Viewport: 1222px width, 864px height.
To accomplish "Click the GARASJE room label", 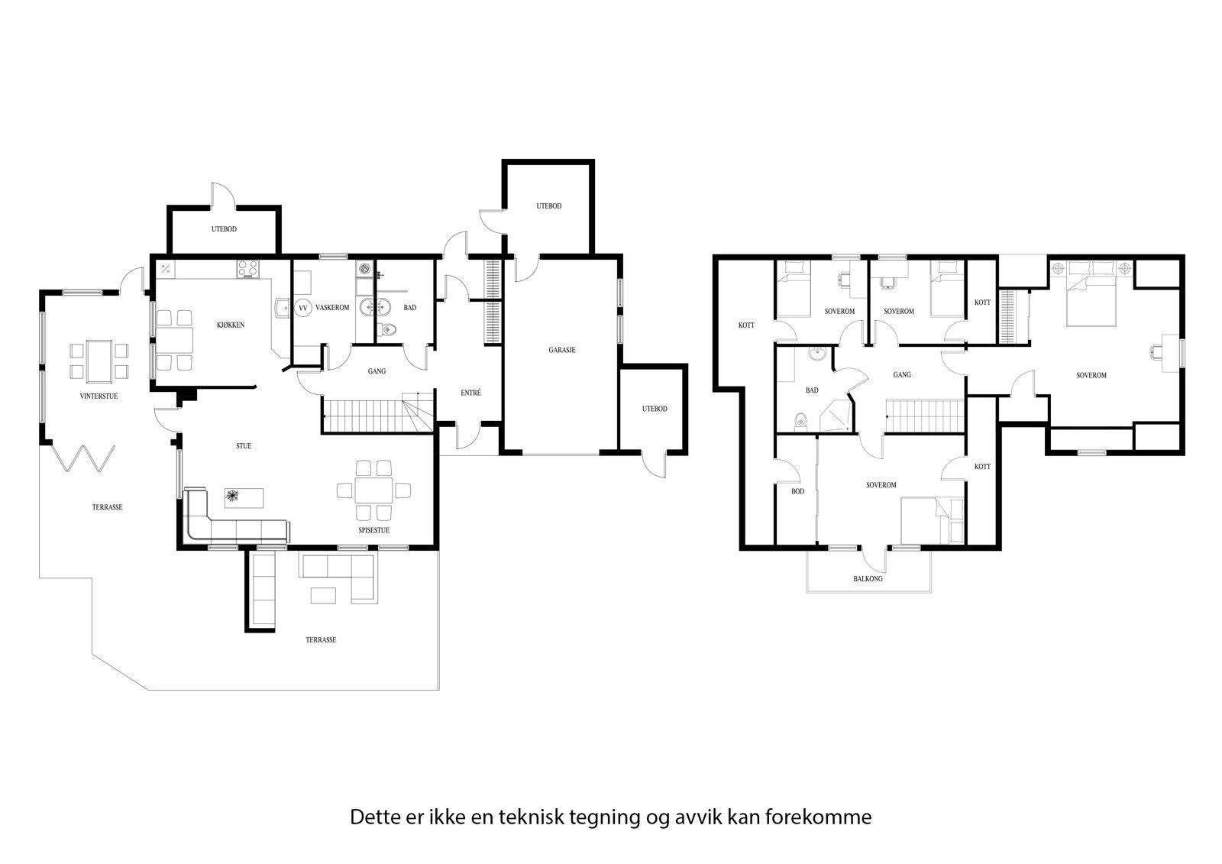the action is click(x=562, y=350).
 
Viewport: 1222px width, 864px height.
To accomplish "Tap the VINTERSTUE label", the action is click(x=99, y=396).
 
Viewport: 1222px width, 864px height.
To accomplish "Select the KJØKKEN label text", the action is click(x=230, y=325).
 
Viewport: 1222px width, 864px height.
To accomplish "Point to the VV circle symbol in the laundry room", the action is click(x=302, y=309).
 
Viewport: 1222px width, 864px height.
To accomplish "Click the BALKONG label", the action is click(x=868, y=578).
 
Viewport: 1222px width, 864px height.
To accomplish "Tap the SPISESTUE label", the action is click(x=373, y=530).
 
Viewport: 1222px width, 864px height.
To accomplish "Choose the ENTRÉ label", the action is click(x=470, y=393).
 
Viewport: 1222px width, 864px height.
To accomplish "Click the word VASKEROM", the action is click(x=332, y=308).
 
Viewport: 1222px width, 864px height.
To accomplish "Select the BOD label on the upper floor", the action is click(x=797, y=491).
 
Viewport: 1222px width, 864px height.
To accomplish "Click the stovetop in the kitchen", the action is click(x=248, y=269).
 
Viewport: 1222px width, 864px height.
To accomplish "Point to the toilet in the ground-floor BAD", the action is click(x=388, y=329).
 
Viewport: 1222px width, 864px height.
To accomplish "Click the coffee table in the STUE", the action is click(x=244, y=498).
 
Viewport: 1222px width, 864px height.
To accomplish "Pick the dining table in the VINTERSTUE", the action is click(x=99, y=361).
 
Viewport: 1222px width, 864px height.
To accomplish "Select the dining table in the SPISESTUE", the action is click(x=373, y=490).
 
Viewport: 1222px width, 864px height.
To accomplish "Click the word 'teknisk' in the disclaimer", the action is click(x=532, y=817).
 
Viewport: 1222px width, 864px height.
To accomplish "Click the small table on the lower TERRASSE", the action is click(x=323, y=595).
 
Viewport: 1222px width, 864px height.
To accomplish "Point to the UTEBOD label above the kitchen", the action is click(x=225, y=229).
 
